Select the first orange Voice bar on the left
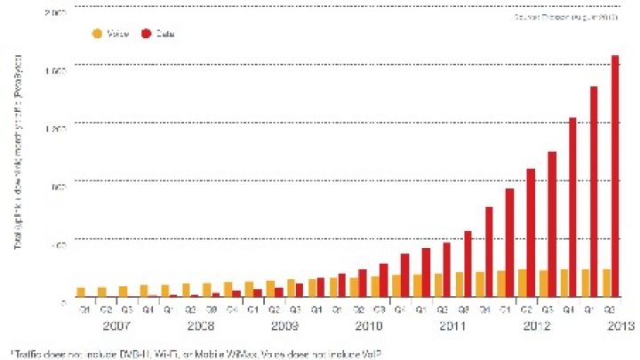81,292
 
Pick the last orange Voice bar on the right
606,283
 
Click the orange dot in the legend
96,34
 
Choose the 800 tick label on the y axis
59,181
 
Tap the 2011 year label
453,325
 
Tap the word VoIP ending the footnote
371,354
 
